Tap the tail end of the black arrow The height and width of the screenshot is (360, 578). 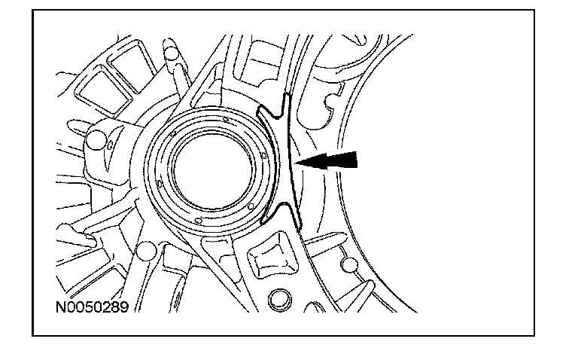tap(357, 158)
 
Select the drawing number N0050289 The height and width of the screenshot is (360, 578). tap(91, 307)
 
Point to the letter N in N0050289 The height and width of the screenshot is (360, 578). tap(59, 307)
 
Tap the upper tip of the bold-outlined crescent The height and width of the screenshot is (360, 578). tap(285, 96)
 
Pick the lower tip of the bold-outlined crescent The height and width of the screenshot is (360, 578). tap(297, 227)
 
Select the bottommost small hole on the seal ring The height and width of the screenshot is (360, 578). tap(196, 221)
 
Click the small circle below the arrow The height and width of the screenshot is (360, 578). tap(348, 264)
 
